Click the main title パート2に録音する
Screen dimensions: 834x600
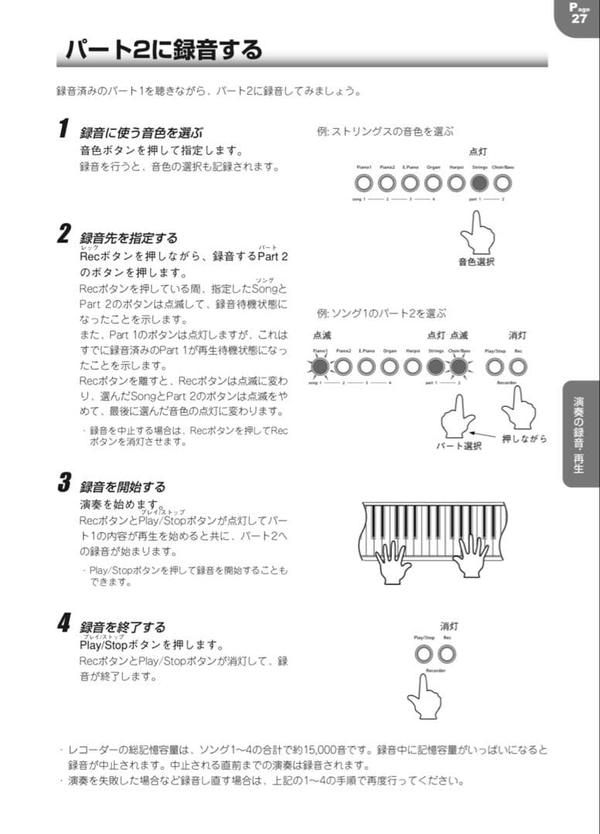[163, 51]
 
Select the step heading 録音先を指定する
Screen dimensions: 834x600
[128, 237]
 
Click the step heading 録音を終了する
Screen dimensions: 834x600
[122, 627]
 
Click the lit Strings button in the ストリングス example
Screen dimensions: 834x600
[479, 183]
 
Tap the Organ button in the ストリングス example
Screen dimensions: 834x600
[433, 183]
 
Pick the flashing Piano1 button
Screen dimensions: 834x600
[320, 366]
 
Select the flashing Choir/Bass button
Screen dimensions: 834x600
[459, 366]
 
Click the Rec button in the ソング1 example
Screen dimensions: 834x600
[517, 366]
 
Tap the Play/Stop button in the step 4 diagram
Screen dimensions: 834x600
[424, 653]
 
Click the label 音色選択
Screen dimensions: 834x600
[476, 262]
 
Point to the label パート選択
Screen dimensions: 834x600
[459, 446]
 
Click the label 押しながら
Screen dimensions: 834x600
[524, 439]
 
